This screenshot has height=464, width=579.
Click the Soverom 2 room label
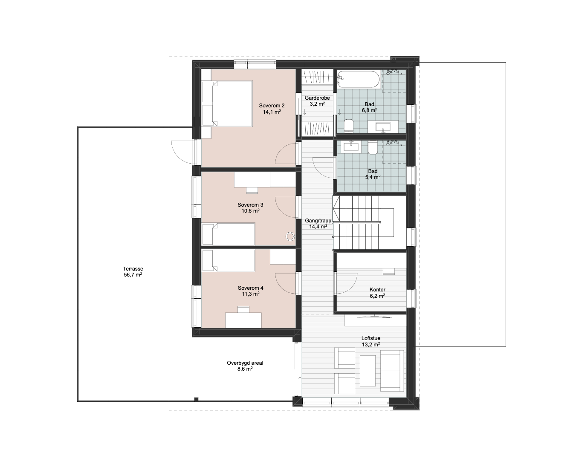(272, 106)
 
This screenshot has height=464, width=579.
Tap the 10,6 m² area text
(250, 211)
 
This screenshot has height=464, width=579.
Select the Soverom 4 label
(250, 288)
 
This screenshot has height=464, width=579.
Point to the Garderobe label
(317, 98)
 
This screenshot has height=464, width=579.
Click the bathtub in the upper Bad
(359, 79)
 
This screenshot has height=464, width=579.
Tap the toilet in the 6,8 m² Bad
(349, 126)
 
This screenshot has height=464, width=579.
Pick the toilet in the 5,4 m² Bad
(373, 148)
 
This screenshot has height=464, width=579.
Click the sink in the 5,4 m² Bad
(351, 147)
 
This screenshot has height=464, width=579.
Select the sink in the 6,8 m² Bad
(383, 127)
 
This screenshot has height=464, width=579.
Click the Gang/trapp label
(318, 221)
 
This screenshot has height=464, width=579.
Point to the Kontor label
(377, 290)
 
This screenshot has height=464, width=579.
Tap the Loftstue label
(371, 338)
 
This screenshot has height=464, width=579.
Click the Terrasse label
(133, 268)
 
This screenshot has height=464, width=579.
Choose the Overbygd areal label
(245, 363)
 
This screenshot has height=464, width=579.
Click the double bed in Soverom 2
(227, 104)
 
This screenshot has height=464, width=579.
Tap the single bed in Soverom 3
(229, 234)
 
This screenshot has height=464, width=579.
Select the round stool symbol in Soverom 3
(290, 236)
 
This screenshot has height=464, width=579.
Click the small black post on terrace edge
(197, 399)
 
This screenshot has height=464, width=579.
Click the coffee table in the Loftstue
(368, 371)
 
